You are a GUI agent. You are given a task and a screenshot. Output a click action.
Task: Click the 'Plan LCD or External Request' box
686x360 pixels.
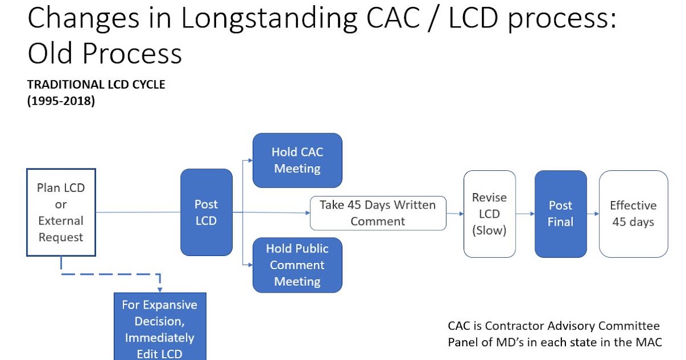pyautogui.click(x=61, y=212)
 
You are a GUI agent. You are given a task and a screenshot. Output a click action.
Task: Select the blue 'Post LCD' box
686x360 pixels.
pyautogui.click(x=206, y=212)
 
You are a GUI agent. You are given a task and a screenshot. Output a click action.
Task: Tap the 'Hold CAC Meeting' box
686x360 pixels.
pyautogui.click(x=297, y=160)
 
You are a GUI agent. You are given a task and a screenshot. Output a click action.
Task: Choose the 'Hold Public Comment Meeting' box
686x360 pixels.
pyautogui.click(x=297, y=265)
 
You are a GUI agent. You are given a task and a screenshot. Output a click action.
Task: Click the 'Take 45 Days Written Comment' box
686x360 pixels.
pyautogui.click(x=378, y=213)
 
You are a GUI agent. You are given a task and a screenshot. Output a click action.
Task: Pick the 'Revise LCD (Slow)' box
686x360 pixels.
pyautogui.click(x=489, y=214)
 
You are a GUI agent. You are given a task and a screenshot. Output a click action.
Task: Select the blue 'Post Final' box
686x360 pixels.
pyautogui.click(x=560, y=214)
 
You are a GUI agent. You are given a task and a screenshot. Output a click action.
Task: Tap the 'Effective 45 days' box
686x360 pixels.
pyautogui.click(x=633, y=214)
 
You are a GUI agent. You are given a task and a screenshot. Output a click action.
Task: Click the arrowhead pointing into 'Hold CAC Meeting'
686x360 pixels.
pyautogui.click(x=249, y=161)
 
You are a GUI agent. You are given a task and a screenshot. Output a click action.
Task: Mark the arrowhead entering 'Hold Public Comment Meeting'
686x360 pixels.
pyautogui.click(x=249, y=265)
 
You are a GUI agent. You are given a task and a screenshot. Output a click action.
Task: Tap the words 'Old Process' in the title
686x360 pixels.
pyautogui.click(x=105, y=53)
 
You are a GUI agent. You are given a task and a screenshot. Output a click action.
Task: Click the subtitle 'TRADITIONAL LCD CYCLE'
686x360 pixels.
pyautogui.click(x=96, y=85)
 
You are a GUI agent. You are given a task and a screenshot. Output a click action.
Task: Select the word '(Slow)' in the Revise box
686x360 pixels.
pyautogui.click(x=489, y=230)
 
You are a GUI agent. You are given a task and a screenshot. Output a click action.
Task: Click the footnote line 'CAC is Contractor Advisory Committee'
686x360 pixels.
pyautogui.click(x=553, y=326)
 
